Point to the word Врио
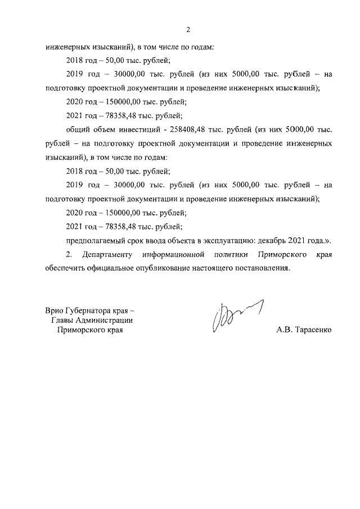click(56, 310)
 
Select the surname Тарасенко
click(312, 330)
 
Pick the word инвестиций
click(140, 129)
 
